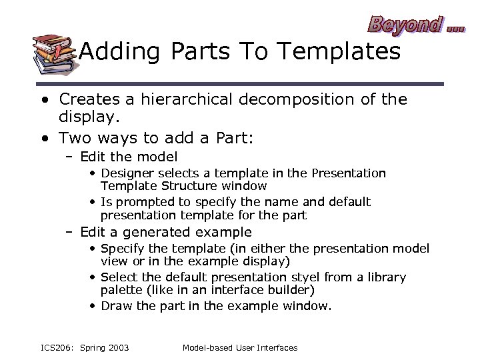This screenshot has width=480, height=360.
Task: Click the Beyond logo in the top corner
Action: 414,25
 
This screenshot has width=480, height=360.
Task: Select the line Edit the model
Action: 129,157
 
